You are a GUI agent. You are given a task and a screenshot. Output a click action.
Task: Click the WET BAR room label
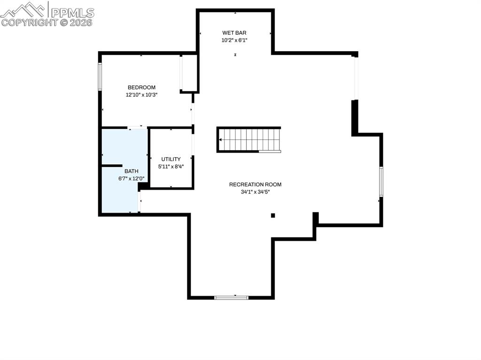(x=234, y=33)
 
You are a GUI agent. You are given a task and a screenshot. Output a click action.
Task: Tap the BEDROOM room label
(x=141, y=87)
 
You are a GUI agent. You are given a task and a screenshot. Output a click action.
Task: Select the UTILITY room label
(x=171, y=159)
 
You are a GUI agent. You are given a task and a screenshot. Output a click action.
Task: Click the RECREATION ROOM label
(x=255, y=184)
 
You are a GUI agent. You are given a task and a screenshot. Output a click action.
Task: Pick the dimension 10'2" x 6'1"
(x=234, y=40)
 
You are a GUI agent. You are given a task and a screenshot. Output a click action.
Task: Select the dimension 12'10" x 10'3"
(x=141, y=95)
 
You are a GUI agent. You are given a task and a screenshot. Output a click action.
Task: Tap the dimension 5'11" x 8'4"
(x=171, y=167)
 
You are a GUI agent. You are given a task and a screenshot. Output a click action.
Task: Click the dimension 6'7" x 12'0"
(x=132, y=179)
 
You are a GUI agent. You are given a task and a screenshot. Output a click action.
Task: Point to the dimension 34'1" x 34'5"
(x=255, y=192)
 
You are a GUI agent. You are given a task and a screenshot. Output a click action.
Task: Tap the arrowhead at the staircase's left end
(x=221, y=139)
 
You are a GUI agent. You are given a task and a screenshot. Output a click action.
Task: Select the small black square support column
(x=272, y=215)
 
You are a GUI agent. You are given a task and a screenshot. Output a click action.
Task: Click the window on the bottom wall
(x=231, y=297)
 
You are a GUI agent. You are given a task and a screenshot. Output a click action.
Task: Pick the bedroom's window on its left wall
(x=100, y=76)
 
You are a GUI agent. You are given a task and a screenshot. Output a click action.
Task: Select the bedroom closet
(x=189, y=73)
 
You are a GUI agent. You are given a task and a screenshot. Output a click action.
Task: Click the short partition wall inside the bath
(x=112, y=165)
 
